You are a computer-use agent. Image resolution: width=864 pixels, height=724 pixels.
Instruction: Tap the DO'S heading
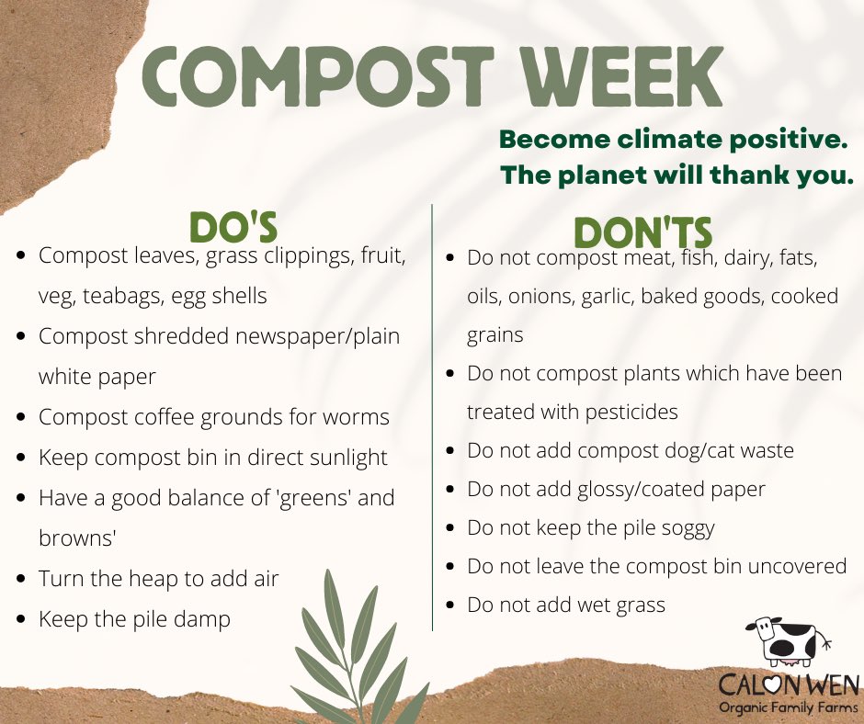coord(233,227)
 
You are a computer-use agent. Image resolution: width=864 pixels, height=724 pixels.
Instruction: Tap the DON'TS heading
coord(643,232)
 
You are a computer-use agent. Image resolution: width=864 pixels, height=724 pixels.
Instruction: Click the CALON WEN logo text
coord(788,685)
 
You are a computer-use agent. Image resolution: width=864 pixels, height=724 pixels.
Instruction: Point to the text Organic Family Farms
coord(788,708)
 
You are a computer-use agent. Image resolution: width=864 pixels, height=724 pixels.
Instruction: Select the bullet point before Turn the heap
coord(21,580)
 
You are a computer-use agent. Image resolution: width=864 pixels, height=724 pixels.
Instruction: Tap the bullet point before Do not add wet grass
coord(449,606)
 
